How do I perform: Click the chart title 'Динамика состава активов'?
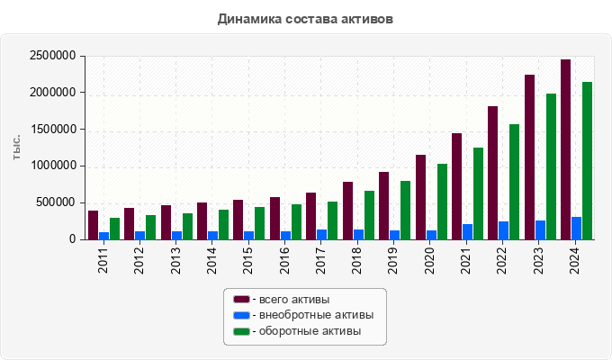coord(305,18)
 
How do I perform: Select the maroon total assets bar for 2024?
coord(565,149)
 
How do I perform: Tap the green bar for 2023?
coord(551,166)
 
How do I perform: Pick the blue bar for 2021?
coord(467,231)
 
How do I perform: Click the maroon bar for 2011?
coord(93,225)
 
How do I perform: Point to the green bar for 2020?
coord(442,202)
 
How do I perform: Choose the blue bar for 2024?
coord(576,228)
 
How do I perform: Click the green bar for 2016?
coord(296,221)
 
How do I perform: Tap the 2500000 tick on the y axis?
coord(52,56)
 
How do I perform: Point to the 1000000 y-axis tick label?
coord(52,166)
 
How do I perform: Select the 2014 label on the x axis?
coord(212,260)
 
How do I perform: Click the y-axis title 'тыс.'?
coord(17,147)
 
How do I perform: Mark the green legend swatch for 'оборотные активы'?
coord(241,332)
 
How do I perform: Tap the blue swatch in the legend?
coord(241,315)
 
